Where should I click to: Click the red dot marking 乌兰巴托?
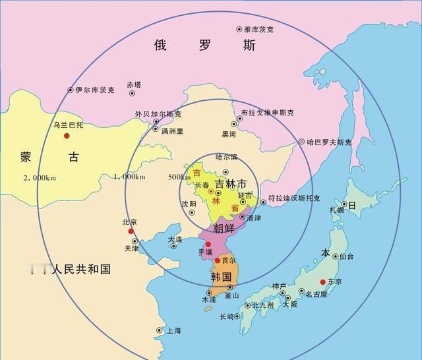tap(67, 136)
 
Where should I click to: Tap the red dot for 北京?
tap(131, 231)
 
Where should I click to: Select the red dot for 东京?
tap(322, 282)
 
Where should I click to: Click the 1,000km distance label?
tap(129, 177)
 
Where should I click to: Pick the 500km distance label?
tap(178, 177)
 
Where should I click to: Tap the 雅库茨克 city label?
tap(258, 30)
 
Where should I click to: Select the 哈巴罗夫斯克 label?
tap(328, 142)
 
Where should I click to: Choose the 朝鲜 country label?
tap(224, 228)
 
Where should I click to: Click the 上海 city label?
tap(174, 330)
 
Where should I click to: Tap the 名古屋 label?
tap(316, 295)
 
